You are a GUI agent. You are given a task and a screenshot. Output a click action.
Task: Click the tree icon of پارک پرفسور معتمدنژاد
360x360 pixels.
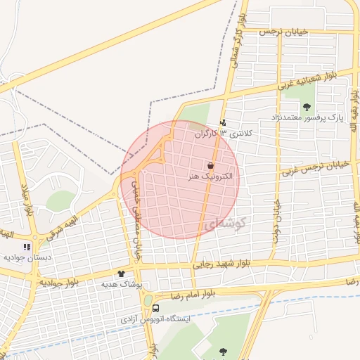click(x=307, y=107)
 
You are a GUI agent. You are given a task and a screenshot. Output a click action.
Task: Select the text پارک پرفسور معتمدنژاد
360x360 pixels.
click(x=307, y=120)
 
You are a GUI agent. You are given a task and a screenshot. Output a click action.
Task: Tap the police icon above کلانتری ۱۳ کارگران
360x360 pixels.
click(x=224, y=123)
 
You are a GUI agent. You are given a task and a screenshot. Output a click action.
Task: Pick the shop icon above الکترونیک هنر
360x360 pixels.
click(x=210, y=165)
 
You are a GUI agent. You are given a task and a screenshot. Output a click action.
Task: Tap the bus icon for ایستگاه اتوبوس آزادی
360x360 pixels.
click(x=155, y=308)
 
